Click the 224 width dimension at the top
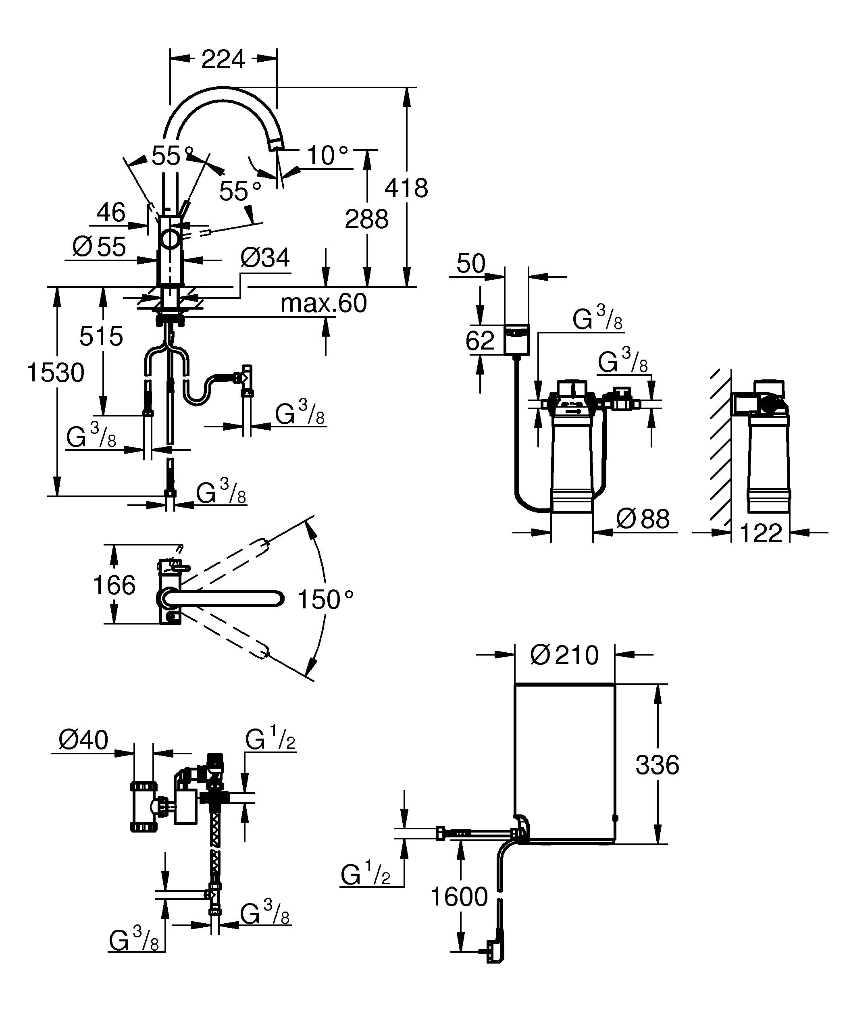(x=223, y=60)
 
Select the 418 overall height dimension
(x=406, y=188)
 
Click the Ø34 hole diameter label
(x=265, y=258)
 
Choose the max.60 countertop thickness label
(x=324, y=304)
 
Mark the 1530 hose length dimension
(x=56, y=373)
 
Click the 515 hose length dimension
(x=101, y=336)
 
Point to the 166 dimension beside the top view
(x=114, y=585)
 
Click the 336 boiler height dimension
(x=657, y=765)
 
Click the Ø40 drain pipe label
(x=83, y=740)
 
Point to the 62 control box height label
(x=480, y=340)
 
